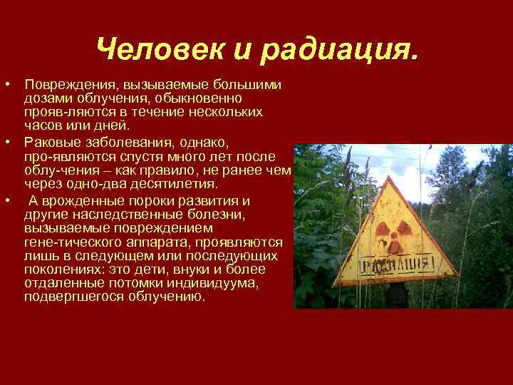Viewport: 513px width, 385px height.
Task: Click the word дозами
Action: (44, 98)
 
